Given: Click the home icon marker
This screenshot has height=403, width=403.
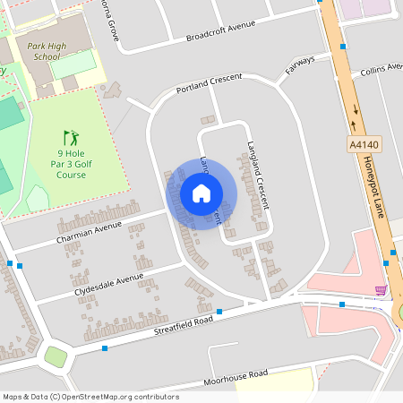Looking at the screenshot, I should (x=201, y=193).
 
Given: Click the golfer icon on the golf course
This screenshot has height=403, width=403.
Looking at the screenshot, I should (x=71, y=138).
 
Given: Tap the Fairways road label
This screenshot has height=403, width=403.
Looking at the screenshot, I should (x=300, y=65).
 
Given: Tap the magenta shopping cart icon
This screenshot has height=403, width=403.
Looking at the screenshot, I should (x=381, y=290).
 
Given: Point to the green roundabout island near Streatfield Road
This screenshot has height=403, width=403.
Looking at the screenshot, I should (x=56, y=356).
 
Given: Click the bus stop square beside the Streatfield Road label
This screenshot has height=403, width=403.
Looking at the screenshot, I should (x=219, y=312).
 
